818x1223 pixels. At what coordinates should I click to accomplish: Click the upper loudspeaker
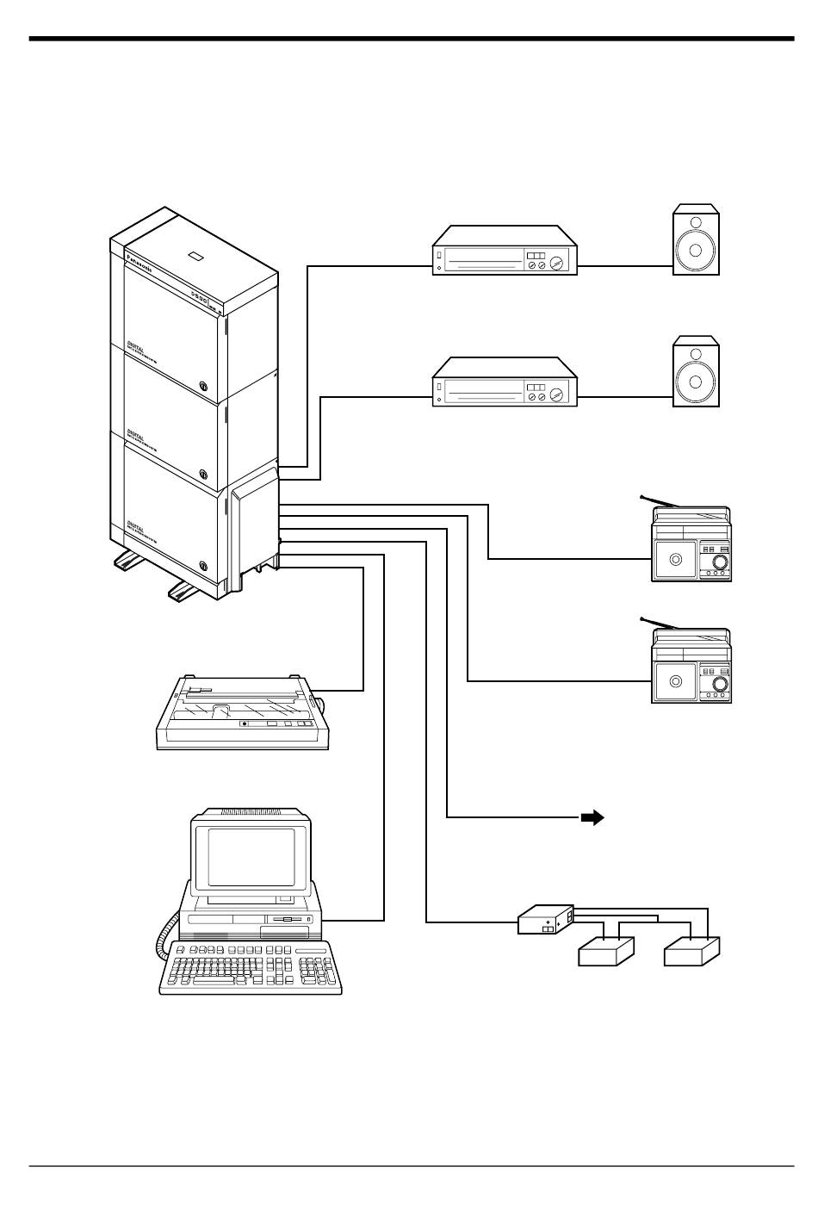(695, 240)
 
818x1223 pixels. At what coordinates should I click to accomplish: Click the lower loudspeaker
(695, 373)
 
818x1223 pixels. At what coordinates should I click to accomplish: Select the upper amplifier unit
(504, 251)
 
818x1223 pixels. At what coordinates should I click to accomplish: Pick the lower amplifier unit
(504, 383)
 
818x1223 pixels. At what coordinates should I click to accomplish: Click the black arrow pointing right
(591, 817)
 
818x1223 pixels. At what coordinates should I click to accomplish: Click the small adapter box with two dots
(546, 920)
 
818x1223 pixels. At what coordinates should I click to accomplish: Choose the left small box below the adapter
(606, 953)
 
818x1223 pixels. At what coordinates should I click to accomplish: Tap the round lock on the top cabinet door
(204, 388)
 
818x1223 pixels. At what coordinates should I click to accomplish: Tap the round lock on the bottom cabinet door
(204, 565)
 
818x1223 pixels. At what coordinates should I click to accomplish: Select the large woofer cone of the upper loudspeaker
(695, 251)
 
